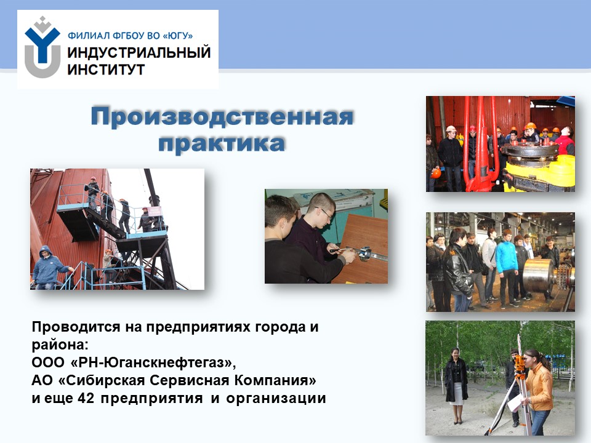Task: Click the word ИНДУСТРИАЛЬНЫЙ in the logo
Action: (139, 53)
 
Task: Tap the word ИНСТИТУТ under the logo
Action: (106, 70)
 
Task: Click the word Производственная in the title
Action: (222, 117)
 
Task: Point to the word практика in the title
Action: (222, 143)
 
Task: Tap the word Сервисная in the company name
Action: (190, 380)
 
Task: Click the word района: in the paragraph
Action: (60, 345)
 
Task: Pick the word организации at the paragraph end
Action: (276, 399)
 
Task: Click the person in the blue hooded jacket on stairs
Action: (49, 267)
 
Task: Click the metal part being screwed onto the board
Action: (365, 253)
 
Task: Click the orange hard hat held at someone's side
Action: (436, 173)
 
